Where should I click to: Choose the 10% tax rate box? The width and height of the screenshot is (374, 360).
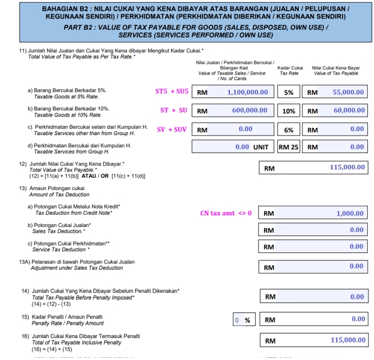pos(288,111)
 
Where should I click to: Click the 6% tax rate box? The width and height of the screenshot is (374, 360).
pos(288,130)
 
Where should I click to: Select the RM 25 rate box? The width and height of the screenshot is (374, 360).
pos(288,147)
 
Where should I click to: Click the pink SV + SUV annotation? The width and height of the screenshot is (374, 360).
pos(171,130)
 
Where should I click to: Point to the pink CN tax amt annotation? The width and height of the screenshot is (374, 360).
pos(226,213)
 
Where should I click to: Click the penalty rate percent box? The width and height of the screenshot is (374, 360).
pos(242,320)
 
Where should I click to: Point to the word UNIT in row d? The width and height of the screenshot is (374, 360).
pos(261,147)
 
